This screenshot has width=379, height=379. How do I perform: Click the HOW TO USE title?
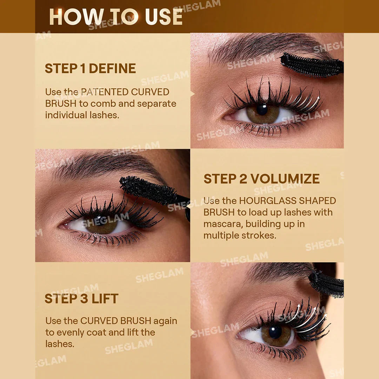click(116, 16)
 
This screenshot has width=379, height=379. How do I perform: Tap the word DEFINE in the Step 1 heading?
click(112, 68)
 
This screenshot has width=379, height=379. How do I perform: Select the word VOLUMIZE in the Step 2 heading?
click(285, 179)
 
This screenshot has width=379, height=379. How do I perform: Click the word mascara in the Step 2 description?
click(223, 224)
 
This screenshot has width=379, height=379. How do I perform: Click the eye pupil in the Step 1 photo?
click(262, 109)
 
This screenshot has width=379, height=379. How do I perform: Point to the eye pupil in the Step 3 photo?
click(275, 332)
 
